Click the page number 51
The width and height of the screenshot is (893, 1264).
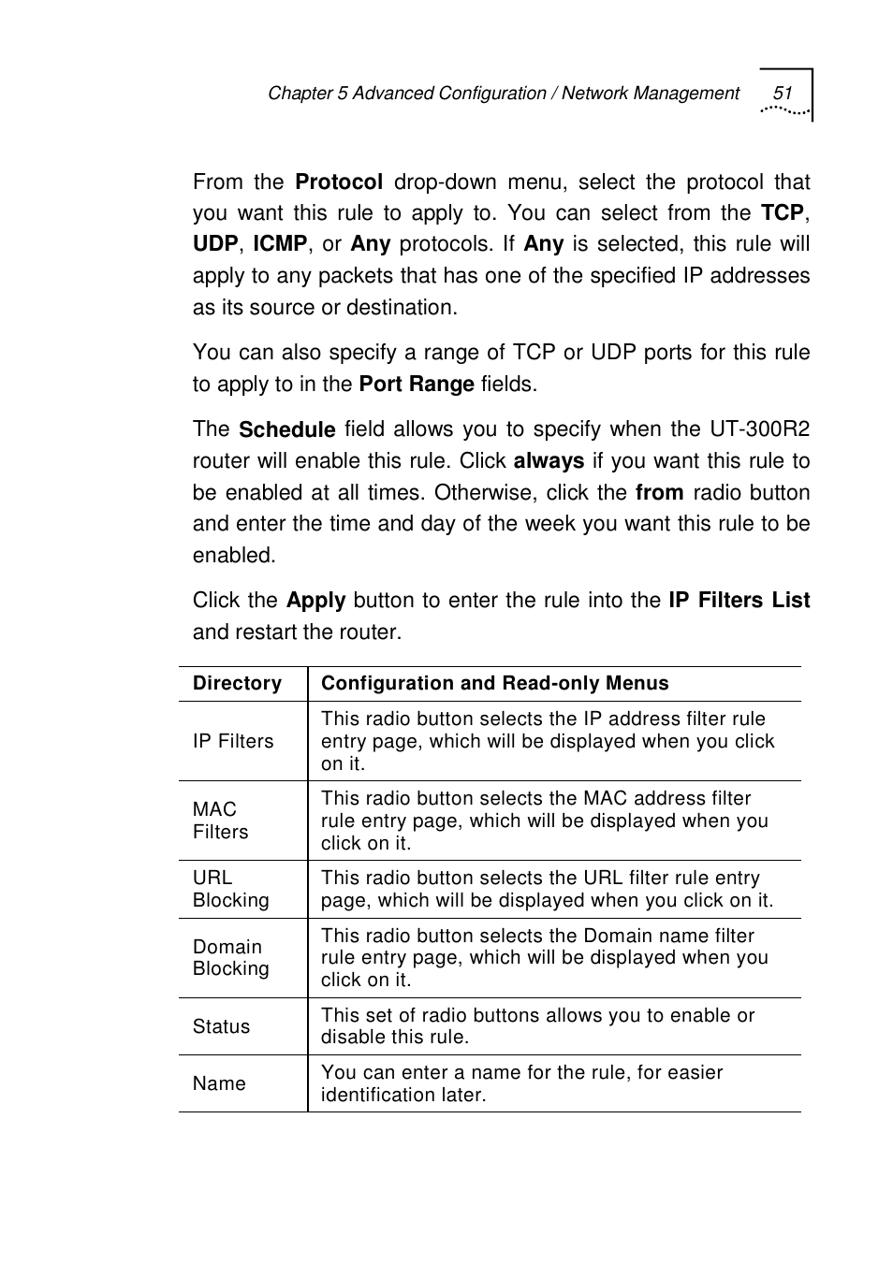pos(783,93)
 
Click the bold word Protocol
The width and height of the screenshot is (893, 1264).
pos(339,182)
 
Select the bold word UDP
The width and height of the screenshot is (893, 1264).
pos(215,244)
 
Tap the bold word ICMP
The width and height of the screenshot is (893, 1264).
pos(280,244)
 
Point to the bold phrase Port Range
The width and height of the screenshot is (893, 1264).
pos(417,385)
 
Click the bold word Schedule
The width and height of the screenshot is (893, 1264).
pos(286,429)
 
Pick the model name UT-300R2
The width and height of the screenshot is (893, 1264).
pos(759,429)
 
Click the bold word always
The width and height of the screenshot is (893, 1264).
pos(549,461)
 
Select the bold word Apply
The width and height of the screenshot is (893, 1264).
pos(315,601)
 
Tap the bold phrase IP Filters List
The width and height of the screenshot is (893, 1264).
pos(739,601)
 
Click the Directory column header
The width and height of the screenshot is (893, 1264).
pos(237,684)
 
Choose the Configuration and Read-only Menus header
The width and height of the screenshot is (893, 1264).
pos(494,684)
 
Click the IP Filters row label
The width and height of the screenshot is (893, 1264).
pos(233,741)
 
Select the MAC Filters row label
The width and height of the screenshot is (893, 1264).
pos(221,821)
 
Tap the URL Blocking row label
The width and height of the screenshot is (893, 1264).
pos(230,889)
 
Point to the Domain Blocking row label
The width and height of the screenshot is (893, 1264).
pos(230,958)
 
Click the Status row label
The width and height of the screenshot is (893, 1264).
pos(221,1026)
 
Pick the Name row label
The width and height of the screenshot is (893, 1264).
pos(219,1083)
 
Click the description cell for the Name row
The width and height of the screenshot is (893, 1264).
pos(521,1083)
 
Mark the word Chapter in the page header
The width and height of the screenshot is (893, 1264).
pos(300,94)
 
